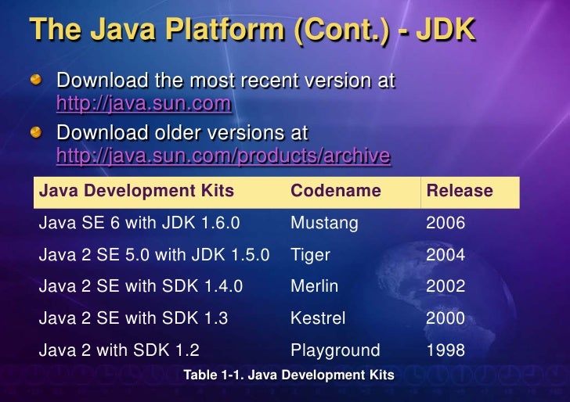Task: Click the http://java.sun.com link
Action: [x=143, y=103]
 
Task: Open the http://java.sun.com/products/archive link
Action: [x=223, y=156]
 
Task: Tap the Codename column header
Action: [x=335, y=191]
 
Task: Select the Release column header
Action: [x=459, y=191]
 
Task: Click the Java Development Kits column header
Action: [x=136, y=191]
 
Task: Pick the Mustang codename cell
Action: [x=324, y=223]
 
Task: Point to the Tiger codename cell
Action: [x=310, y=255]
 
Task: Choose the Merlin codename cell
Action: [x=314, y=286]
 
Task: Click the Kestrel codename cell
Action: [x=318, y=318]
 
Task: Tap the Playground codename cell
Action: [x=335, y=350]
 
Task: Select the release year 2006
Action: [x=446, y=223]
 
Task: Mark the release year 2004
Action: [x=446, y=255]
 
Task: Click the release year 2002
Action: [x=446, y=286]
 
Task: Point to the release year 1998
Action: [x=446, y=350]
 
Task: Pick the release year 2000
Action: [x=446, y=318]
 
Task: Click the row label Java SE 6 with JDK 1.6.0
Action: [x=139, y=223]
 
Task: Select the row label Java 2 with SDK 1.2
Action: [x=124, y=350]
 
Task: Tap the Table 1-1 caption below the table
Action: [x=288, y=375]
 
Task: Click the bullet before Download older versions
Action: [x=38, y=131]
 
